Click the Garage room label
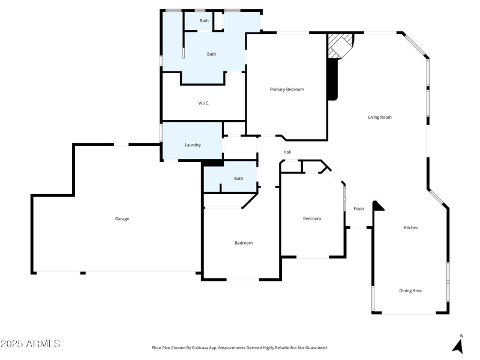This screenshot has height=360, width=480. pyautogui.click(x=122, y=219)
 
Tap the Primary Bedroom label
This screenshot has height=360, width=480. pyautogui.click(x=287, y=89)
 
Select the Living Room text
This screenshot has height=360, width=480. pyautogui.click(x=379, y=117)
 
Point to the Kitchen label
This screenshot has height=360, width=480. pyautogui.click(x=411, y=228)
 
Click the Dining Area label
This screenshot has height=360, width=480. pyautogui.click(x=410, y=291)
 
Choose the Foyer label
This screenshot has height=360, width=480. pyautogui.click(x=359, y=209)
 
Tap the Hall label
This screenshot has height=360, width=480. pyautogui.click(x=287, y=152)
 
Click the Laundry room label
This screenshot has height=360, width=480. pyautogui.click(x=193, y=145)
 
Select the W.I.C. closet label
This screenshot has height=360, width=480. pyautogui.click(x=203, y=103)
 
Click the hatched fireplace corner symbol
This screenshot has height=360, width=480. pyautogui.click(x=339, y=46)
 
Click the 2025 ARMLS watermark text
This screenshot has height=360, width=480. pyautogui.click(x=31, y=344)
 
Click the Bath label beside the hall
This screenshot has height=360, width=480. pyautogui.click(x=239, y=178)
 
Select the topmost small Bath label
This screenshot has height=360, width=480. pyautogui.click(x=205, y=21)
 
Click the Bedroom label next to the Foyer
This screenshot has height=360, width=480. pyautogui.click(x=311, y=218)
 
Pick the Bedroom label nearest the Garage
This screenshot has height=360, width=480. pyautogui.click(x=243, y=243)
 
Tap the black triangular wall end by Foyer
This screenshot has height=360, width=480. pyautogui.click(x=377, y=206)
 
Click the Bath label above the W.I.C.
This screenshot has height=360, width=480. pyautogui.click(x=211, y=54)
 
